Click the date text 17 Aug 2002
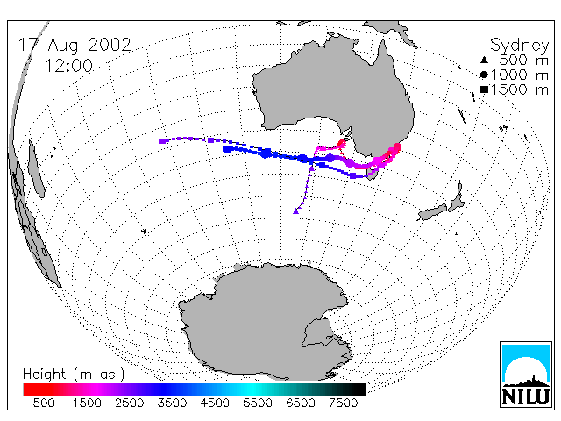(x=75, y=45)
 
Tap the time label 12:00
(x=68, y=66)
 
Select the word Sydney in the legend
(x=519, y=46)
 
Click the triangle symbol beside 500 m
(x=484, y=61)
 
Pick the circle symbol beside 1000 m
(x=484, y=75)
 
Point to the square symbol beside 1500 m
(x=484, y=89)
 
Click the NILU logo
(x=526, y=375)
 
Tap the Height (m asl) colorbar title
(x=74, y=375)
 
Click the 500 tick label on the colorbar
(x=44, y=403)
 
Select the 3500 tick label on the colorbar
(x=172, y=403)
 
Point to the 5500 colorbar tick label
(x=258, y=403)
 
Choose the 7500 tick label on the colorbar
(x=343, y=403)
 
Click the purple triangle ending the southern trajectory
(x=296, y=211)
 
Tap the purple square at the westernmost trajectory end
(x=161, y=141)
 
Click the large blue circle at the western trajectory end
(x=226, y=149)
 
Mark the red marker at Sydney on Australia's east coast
(x=397, y=146)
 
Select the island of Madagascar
(x=36, y=168)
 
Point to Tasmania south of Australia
(x=373, y=175)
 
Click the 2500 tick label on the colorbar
(x=129, y=403)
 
